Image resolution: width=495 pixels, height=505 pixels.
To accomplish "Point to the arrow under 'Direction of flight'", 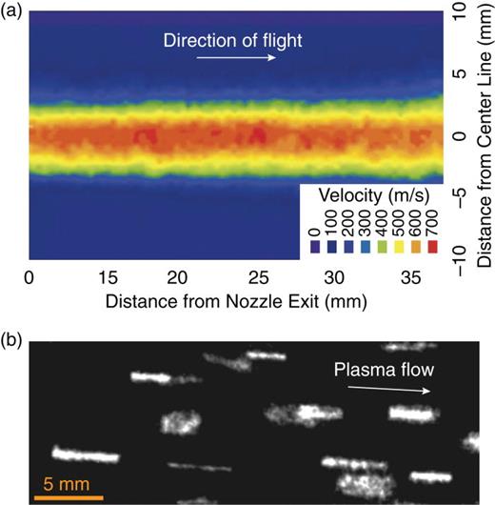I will [237, 58].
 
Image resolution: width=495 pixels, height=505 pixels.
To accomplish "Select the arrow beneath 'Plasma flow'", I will [388, 389].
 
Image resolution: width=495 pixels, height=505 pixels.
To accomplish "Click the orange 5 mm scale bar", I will [69, 496].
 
